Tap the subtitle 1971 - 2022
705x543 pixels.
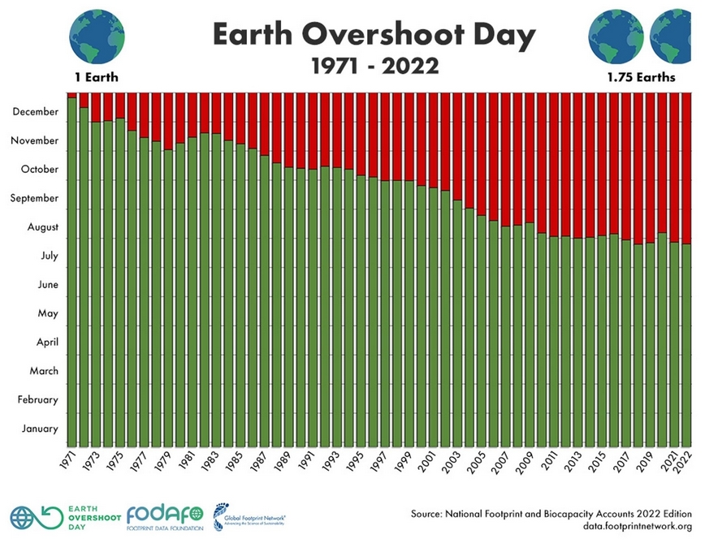tap(374, 66)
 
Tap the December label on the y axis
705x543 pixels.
tap(36, 111)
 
